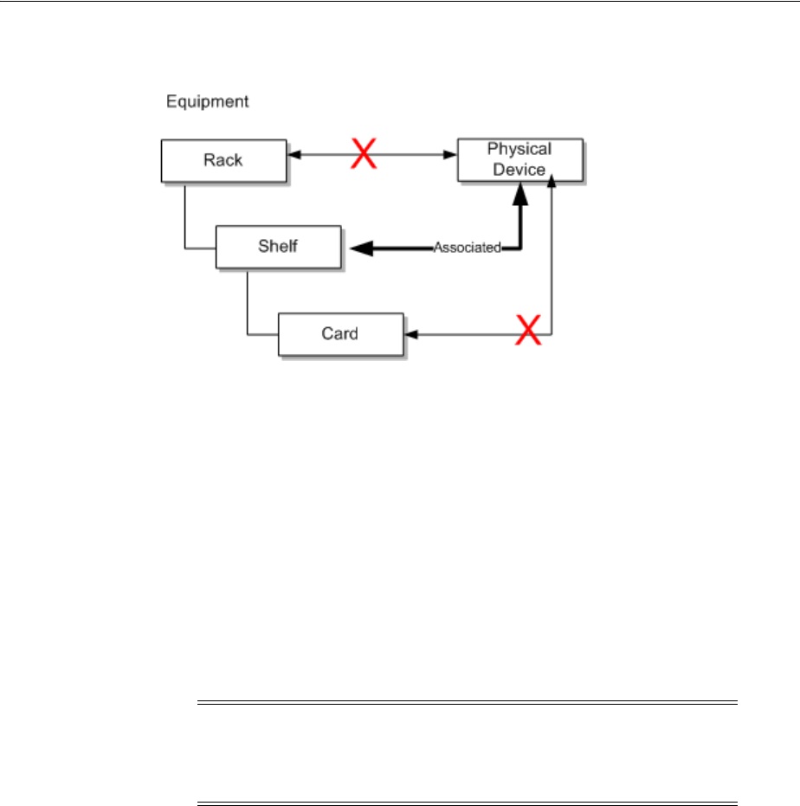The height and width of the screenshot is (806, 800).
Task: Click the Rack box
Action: [223, 161]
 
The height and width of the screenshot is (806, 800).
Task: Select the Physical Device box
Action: [519, 159]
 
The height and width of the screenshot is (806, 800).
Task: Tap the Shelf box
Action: [278, 248]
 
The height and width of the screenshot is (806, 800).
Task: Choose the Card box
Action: [340, 334]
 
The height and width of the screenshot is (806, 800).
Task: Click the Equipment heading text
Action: [208, 102]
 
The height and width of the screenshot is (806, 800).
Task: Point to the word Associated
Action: [467, 248]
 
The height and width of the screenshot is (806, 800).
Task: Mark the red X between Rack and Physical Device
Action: [362, 156]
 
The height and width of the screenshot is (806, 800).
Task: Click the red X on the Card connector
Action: [529, 331]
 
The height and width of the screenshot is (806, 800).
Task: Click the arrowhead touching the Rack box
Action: [292, 156]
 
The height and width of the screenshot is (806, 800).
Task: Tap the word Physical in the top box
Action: [519, 150]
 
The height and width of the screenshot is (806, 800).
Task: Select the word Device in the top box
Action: [520, 169]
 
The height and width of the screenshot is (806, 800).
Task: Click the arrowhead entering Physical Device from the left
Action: [451, 156]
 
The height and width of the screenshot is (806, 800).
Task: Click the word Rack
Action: [223, 160]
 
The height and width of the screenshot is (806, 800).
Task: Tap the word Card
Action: [340, 334]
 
